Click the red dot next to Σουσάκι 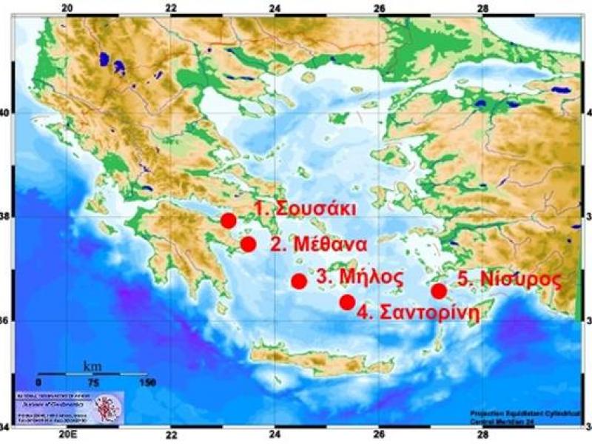[228, 221]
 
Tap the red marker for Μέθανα [249, 244]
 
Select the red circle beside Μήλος [299, 281]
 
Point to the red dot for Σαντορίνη [347, 302]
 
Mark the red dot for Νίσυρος [439, 291]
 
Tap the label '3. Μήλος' [360, 277]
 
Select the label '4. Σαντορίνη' [418, 312]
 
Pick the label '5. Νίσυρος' [507, 280]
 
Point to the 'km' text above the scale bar [92, 366]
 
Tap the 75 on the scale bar [92, 383]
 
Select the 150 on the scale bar [147, 383]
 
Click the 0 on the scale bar [38, 383]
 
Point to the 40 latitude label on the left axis [6, 113]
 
